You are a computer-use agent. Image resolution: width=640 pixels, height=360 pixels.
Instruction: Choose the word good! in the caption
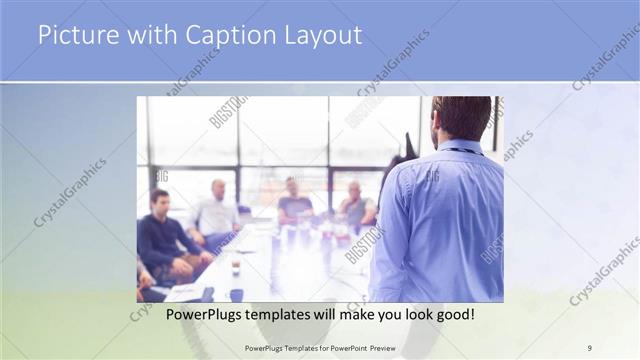click(x=453, y=315)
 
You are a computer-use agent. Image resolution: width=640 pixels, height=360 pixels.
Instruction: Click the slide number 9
click(x=590, y=347)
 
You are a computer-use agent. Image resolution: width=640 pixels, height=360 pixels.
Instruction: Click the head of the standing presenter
click(x=461, y=117)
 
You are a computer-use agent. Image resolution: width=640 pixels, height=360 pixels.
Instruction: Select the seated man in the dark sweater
click(x=163, y=238)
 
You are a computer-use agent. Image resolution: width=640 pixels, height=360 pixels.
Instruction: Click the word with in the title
click(x=147, y=36)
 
